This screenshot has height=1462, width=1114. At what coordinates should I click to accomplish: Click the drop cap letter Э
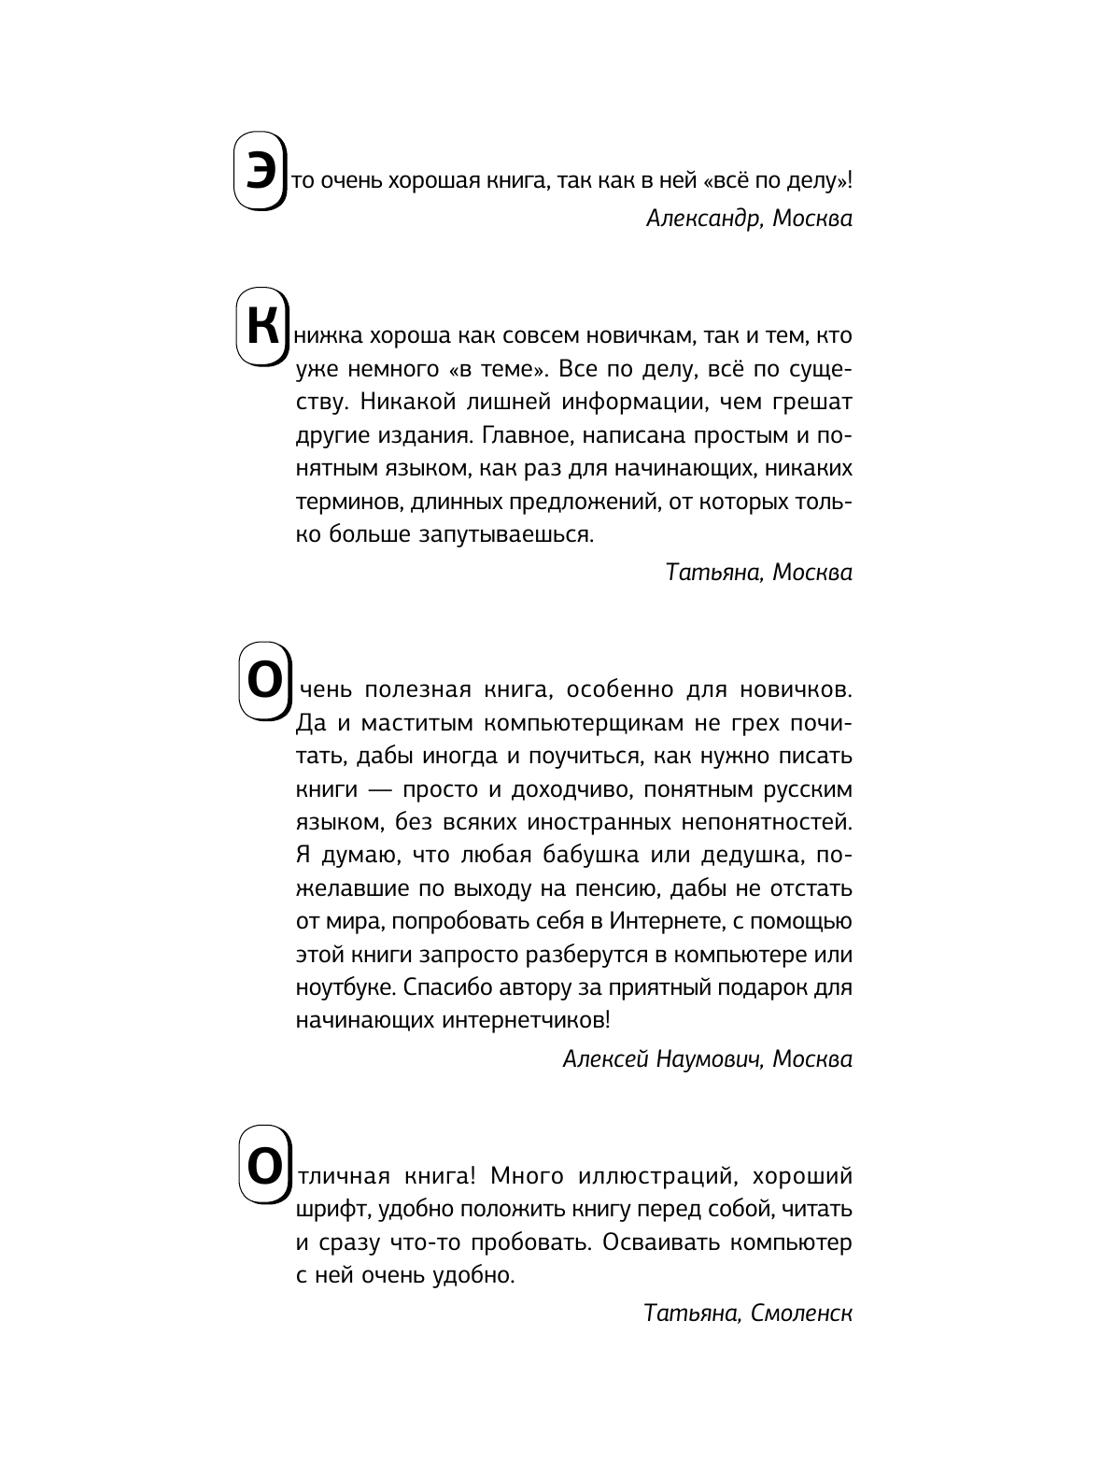(x=257, y=171)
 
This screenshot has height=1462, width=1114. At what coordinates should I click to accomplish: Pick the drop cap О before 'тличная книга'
(x=261, y=1166)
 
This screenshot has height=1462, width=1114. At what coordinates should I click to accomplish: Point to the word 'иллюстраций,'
(x=660, y=1174)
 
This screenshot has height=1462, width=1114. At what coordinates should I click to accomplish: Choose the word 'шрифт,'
(x=323, y=1209)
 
